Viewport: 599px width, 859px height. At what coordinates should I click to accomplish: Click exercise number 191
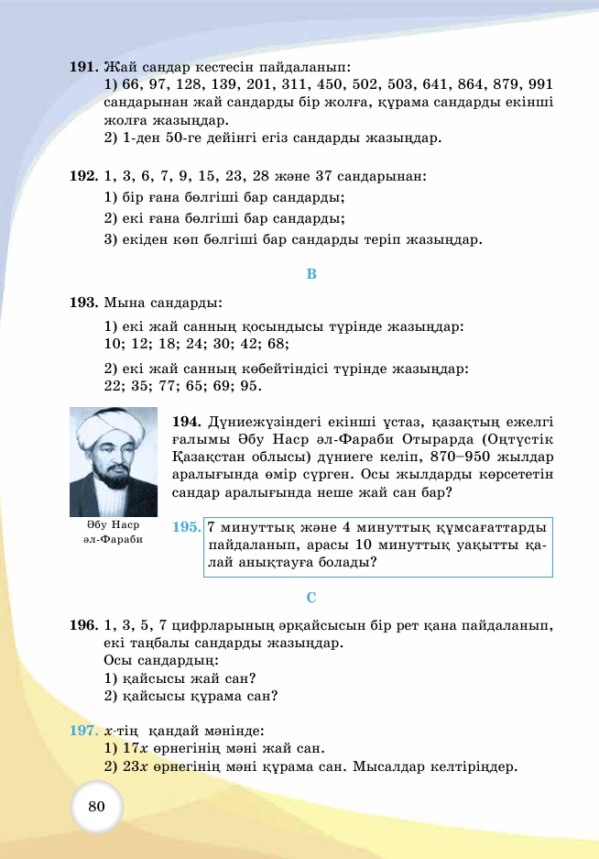pos(83,67)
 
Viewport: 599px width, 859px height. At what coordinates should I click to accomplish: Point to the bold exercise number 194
pos(186,422)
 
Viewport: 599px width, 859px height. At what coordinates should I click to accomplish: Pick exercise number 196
pos(83,625)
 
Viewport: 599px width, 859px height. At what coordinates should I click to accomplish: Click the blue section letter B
pos(310,273)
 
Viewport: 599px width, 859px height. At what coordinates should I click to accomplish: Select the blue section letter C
pos(310,598)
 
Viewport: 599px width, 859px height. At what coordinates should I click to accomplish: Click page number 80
pos(97,806)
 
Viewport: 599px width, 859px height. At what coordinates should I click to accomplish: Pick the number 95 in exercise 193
pos(249,386)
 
